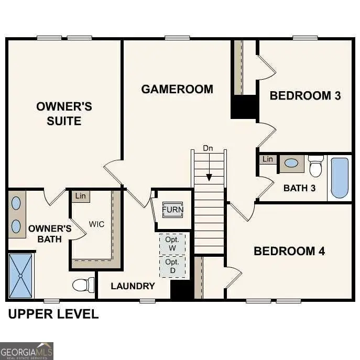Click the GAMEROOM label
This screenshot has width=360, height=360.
click(177, 89)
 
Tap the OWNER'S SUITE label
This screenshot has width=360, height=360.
click(64, 114)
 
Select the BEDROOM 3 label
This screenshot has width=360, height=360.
click(305, 95)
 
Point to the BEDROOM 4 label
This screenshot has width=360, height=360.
click(289, 251)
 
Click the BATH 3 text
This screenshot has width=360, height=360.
click(299, 188)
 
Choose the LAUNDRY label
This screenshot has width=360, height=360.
click(133, 286)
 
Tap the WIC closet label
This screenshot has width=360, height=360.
click(96, 224)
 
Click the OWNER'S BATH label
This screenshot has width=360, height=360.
click(50, 234)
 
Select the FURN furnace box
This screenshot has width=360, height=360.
click(172, 210)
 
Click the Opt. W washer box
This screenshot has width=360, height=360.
click(172, 244)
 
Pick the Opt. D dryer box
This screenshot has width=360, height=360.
click(172, 266)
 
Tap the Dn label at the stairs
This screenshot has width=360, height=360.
click(208, 148)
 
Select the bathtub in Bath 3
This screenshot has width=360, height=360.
click(340, 178)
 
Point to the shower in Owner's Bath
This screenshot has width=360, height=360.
click(20, 275)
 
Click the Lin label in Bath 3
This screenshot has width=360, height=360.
click(268, 159)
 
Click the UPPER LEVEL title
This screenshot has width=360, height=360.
click(53, 314)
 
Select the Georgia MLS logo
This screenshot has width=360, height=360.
click(26, 351)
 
